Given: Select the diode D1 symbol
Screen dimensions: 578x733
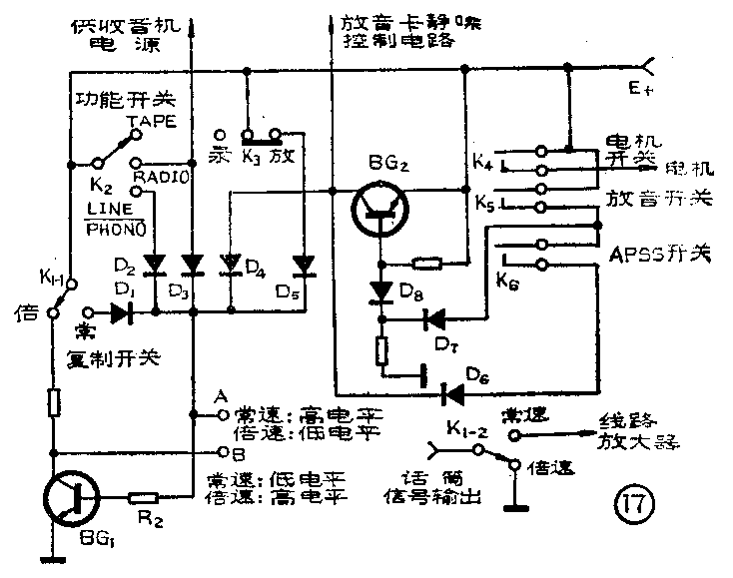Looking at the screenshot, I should click(x=122, y=312).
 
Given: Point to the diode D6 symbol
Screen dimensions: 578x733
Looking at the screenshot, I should click(x=454, y=394).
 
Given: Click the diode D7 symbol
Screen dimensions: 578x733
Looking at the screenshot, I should click(x=434, y=318).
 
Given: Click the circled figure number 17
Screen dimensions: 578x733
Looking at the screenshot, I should click(x=633, y=502).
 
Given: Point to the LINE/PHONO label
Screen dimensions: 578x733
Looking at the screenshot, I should click(x=117, y=218).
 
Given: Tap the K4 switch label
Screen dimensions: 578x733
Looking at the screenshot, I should click(x=482, y=158).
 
